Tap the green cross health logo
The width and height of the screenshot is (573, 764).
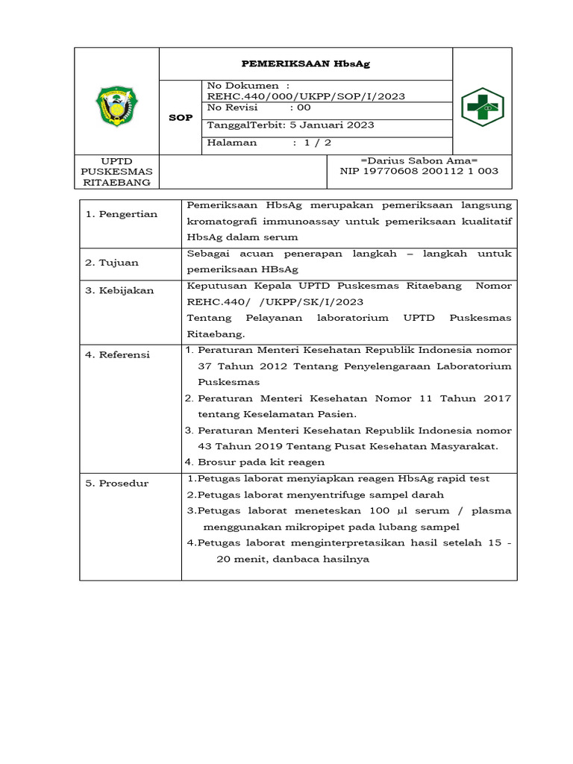coord(481,107)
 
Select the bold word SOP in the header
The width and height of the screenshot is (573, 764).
coord(181,118)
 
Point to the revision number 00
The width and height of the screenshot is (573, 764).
coord(304,107)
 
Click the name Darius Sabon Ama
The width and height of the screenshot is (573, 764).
coord(419,160)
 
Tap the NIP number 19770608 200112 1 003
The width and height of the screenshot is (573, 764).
coord(435,171)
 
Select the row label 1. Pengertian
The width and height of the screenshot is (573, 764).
coord(121,214)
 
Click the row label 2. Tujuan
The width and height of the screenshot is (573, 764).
coord(111,263)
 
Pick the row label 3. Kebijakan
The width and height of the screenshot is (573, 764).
coord(119,290)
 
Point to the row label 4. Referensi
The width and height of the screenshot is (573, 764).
coord(117,354)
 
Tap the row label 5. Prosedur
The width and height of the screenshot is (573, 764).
coord(116,483)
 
